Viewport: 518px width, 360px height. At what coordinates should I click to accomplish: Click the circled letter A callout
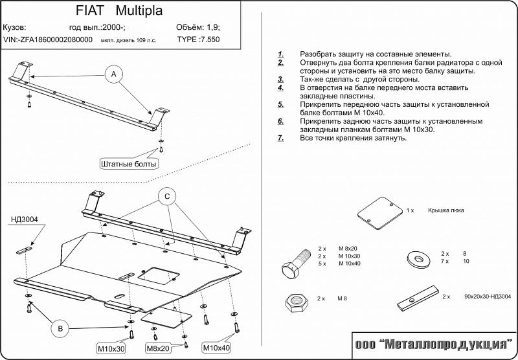[x=114, y=74]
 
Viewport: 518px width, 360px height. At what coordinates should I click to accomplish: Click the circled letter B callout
[x=60, y=328]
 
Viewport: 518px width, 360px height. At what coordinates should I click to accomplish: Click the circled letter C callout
[x=167, y=197]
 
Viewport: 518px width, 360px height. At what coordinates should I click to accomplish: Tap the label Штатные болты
[x=129, y=164]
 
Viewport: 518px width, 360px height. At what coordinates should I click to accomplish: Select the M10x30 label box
[x=111, y=348]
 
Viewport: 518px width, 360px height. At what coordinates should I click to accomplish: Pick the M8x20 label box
[x=158, y=348]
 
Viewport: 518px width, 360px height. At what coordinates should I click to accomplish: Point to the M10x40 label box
[x=216, y=348]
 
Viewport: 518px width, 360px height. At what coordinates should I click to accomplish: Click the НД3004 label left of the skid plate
[x=25, y=219]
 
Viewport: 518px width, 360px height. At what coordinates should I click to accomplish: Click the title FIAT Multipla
[x=119, y=10]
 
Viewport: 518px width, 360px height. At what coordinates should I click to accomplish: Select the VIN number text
[x=48, y=39]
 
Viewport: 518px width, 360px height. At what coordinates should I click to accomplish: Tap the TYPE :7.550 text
[x=198, y=39]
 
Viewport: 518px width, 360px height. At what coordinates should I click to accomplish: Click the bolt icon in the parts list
[x=296, y=264]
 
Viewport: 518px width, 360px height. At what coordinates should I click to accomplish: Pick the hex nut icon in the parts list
[x=297, y=302]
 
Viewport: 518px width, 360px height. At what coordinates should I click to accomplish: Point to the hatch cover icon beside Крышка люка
[x=380, y=213]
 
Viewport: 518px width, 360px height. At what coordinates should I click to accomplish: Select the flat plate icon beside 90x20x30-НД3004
[x=418, y=298]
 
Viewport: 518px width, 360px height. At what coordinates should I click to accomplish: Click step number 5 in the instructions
[x=280, y=104]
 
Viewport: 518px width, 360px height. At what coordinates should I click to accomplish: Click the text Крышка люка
[x=445, y=210]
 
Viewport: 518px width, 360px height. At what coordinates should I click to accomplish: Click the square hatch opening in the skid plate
[x=159, y=276]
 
